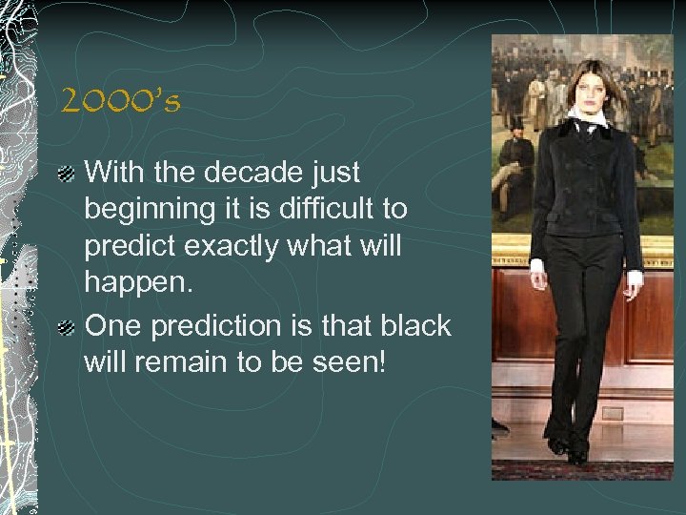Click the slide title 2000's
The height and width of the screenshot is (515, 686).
120,101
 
